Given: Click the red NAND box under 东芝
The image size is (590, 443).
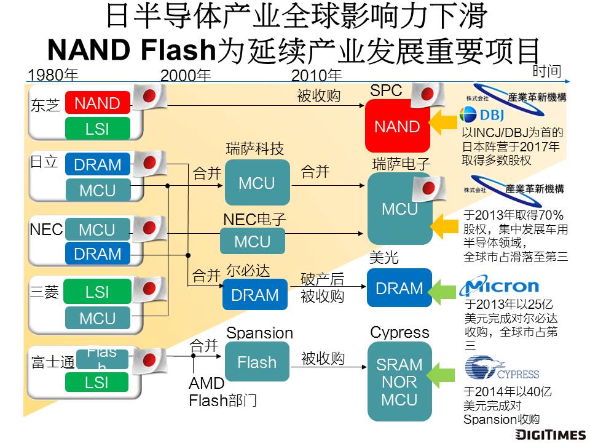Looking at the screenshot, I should (x=97, y=103).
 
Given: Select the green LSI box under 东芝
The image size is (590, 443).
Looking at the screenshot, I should (x=97, y=129).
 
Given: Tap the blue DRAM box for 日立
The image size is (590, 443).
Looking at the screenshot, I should (x=97, y=165).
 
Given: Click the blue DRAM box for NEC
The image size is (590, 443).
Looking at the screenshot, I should (x=97, y=253).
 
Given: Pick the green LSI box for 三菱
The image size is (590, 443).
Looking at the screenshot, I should (x=97, y=292).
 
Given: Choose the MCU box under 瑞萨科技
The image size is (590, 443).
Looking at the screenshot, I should (x=257, y=183).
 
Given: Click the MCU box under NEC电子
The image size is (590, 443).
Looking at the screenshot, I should (x=253, y=241).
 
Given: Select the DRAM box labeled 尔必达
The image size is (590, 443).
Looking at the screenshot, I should (x=254, y=295).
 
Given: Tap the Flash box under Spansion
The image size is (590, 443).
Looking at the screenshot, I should (x=257, y=362).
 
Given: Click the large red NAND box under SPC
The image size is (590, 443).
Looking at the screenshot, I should (x=397, y=127).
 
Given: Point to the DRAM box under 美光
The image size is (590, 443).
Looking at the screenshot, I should (x=399, y=288).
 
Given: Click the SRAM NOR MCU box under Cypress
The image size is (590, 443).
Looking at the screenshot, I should (x=399, y=382).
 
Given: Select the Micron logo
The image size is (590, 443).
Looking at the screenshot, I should (x=502, y=287).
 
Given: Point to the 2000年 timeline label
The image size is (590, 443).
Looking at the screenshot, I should (x=185, y=76).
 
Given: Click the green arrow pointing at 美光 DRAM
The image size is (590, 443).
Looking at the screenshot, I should (x=444, y=289).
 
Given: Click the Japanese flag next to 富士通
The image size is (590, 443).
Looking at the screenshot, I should (x=149, y=359).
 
